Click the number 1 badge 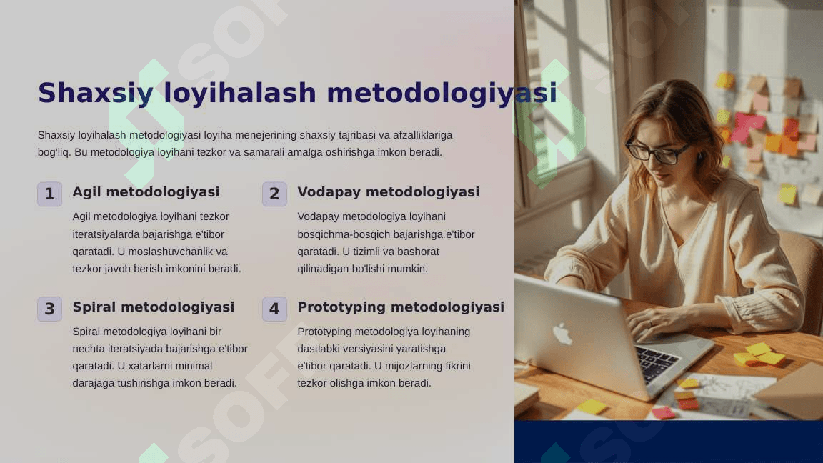[50, 194]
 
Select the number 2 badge [274, 194]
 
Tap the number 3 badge [50, 309]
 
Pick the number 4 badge [274, 309]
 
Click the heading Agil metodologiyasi [146, 192]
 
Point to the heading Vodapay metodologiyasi [389, 192]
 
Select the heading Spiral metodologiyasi [154, 307]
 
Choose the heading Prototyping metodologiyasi [401, 307]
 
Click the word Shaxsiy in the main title [96, 94]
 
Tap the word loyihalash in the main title [240, 94]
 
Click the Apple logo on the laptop [562, 334]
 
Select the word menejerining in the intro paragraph [266, 136]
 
